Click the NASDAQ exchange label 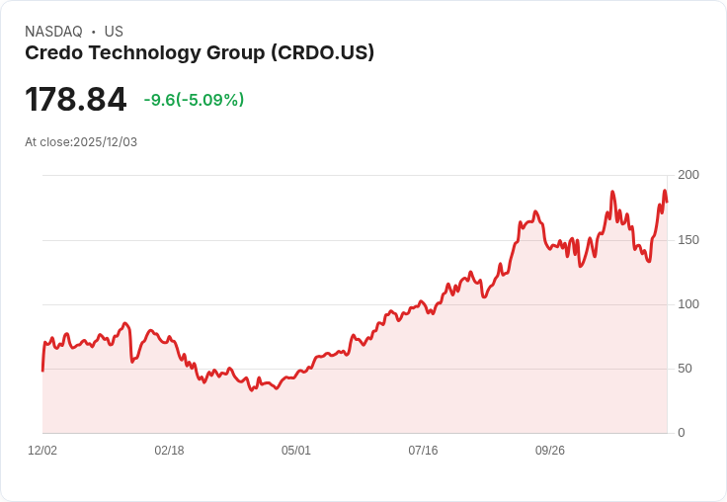click(x=53, y=32)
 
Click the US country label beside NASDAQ click(x=114, y=32)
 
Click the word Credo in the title click(x=52, y=53)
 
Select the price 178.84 click(x=76, y=100)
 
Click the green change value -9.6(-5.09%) click(x=194, y=100)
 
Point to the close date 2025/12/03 click(x=105, y=142)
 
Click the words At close click(x=47, y=142)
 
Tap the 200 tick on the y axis click(x=687, y=175)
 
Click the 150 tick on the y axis click(x=687, y=240)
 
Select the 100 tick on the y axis click(x=687, y=304)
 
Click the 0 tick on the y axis click(x=682, y=433)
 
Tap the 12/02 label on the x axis click(x=42, y=451)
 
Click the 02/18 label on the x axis click(x=169, y=451)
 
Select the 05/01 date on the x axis click(x=296, y=451)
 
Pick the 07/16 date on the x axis click(x=423, y=451)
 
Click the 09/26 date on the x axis click(x=550, y=451)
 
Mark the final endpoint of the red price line click(x=667, y=202)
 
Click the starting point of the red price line click(x=42, y=371)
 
